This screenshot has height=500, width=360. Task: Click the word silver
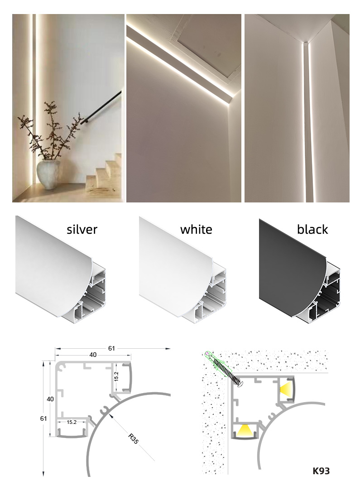coord(82,229)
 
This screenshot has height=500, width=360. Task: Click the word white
coord(196,229)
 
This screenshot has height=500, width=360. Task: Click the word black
coord(312,229)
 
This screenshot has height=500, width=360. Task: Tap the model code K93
coord(321,471)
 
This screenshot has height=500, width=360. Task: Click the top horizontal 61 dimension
coord(111,348)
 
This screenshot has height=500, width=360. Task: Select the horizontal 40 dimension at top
coord(93,355)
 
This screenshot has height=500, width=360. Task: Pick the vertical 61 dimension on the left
coord(43,418)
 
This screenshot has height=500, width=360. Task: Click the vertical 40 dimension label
coord(50,399)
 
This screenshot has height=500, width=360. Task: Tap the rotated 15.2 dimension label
coord(116,376)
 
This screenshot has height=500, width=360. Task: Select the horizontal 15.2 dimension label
coord(72,422)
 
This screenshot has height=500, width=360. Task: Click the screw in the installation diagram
coord(225,369)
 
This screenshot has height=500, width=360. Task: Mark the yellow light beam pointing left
coord(286,389)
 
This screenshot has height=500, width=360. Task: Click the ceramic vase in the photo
coord(48,174)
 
